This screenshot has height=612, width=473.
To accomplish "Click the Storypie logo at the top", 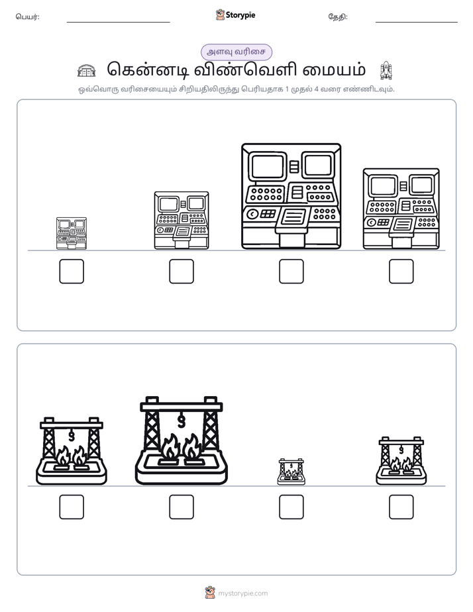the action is (x=235, y=15).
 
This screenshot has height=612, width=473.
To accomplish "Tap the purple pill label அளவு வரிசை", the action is (x=236, y=52).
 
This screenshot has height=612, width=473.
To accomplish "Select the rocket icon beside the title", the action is (x=386, y=70).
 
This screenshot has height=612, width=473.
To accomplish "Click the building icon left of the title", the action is (x=86, y=70).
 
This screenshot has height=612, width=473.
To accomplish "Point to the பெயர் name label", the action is (x=27, y=17).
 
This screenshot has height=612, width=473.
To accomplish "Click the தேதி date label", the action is (x=338, y=17).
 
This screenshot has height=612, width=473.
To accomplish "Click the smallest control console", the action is (x=72, y=233).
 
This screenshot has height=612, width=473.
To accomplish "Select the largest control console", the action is (x=291, y=196).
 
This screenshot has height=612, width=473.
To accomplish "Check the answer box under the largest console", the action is (x=291, y=272).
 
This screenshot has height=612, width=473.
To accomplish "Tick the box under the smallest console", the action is (x=72, y=272).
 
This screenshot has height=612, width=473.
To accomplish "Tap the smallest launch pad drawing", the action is (x=291, y=472).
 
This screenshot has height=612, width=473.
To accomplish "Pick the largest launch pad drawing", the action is (x=181, y=440).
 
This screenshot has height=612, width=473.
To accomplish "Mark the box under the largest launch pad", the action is (x=182, y=507).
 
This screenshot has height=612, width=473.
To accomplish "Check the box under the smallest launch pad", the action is (x=291, y=507).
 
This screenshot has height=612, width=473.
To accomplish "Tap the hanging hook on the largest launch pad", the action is (x=181, y=421).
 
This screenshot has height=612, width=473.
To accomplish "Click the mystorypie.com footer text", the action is (x=242, y=593).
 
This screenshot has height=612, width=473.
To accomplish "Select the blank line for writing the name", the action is (x=118, y=23).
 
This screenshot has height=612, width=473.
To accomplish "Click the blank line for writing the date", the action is (x=417, y=23).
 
